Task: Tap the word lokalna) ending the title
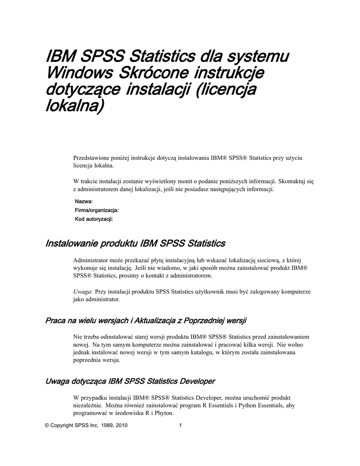[75, 107]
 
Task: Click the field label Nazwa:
[84, 202]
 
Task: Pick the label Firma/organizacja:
[96, 210]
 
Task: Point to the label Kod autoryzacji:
[93, 219]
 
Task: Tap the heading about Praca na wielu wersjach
[146, 321]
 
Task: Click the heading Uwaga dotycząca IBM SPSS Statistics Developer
[130, 380]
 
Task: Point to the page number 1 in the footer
[181, 426]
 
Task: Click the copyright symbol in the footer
[47, 426]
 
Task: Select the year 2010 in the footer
[121, 426]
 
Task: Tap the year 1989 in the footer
[105, 426]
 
